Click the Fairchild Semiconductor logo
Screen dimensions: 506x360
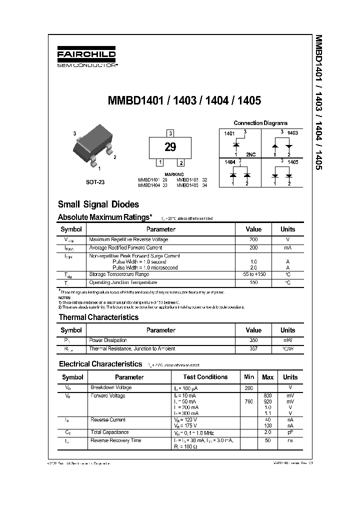coord(86,57)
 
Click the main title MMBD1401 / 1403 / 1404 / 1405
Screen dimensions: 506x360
coord(184,100)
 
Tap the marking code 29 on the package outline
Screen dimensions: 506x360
coord(170,147)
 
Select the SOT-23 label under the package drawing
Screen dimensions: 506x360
coord(95,182)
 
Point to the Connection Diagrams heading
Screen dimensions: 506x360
coord(260,123)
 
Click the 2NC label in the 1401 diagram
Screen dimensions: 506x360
coord(250,155)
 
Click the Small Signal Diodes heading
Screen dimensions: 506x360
coord(98,204)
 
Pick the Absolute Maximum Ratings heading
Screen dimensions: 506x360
coord(105,217)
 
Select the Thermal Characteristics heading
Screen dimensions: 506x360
coord(98,317)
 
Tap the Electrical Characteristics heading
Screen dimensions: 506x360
coord(100,364)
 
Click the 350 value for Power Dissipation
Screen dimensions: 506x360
coord(253,340)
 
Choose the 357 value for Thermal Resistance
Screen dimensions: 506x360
coord(253,348)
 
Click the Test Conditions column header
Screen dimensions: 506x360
coord(205,377)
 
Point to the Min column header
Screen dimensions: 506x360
coord(249,377)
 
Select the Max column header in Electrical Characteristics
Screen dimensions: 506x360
coord(268,377)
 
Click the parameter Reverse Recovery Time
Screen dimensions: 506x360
coord(115,440)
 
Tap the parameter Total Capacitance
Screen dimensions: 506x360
coord(109,432)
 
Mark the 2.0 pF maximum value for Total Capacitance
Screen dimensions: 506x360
coord(268,432)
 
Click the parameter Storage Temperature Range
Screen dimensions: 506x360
coord(119,274)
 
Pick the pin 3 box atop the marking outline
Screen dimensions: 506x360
coord(170,133)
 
